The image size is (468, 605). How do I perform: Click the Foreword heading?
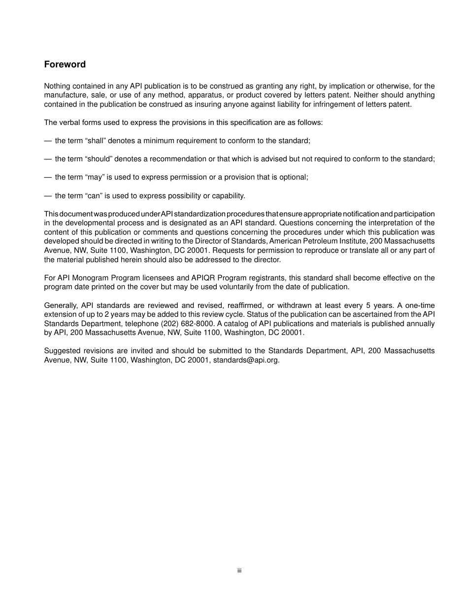pos(65,64)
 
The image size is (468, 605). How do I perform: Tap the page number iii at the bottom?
pos(239,571)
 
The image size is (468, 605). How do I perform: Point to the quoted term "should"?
pos(99,159)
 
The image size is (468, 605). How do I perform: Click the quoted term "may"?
pos(94,177)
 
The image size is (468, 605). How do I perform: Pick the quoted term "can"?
pos(93,196)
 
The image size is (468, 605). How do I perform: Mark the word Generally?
pos(60,305)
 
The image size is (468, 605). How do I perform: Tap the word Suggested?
pos(62,351)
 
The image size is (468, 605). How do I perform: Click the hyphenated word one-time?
pos(419,305)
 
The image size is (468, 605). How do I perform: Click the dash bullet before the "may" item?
pos(48,177)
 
